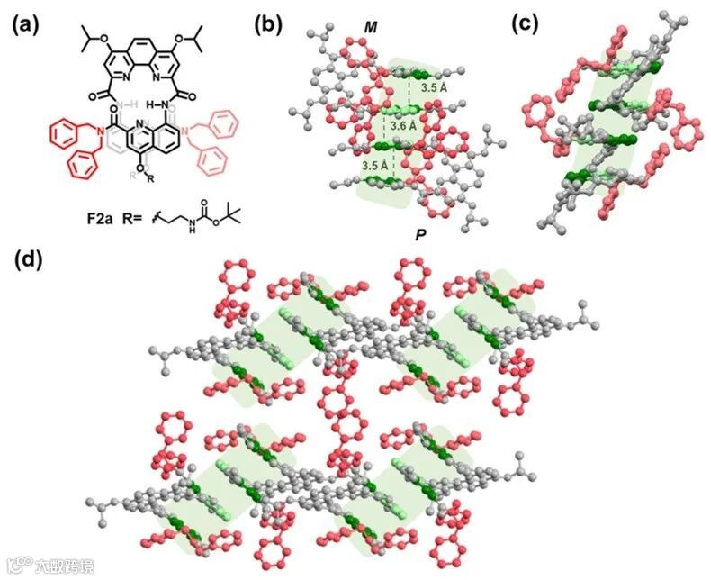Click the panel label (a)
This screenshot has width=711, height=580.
tap(26, 25)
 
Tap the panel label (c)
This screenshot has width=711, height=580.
tap(528, 25)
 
